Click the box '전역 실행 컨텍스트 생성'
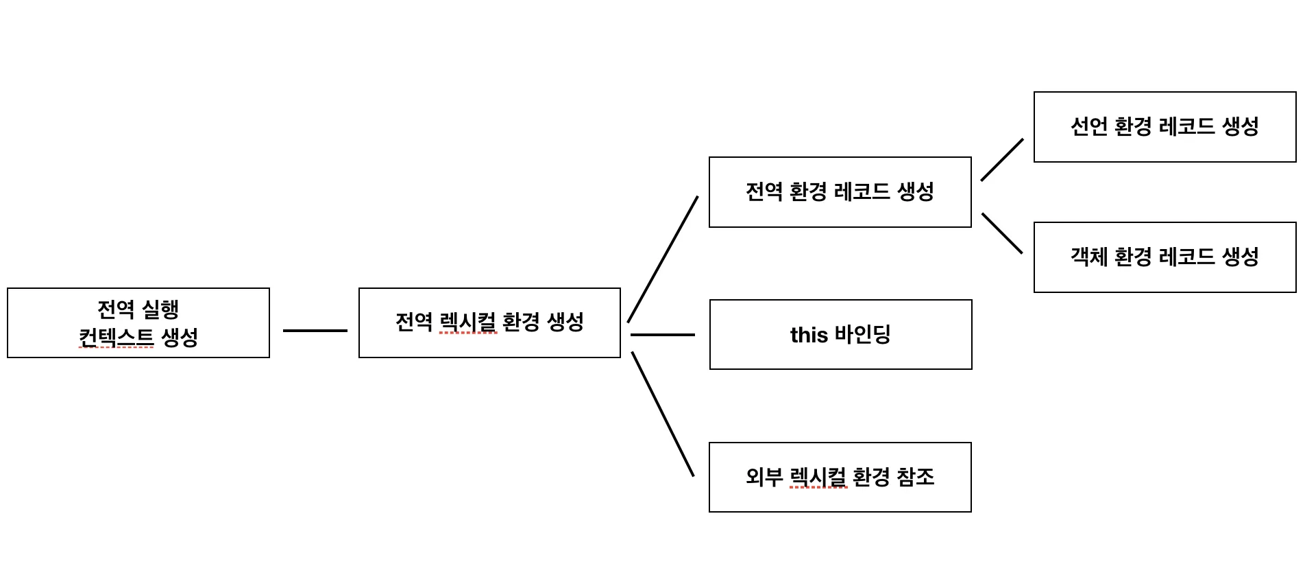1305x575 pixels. point(138,322)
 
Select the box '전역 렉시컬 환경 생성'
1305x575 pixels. point(489,322)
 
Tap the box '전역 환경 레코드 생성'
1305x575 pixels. point(840,192)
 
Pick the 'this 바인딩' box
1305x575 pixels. point(840,334)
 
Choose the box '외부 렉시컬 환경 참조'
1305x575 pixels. point(840,477)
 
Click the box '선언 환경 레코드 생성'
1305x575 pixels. point(1164,127)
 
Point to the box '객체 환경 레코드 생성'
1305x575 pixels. point(1164,257)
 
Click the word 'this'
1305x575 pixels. point(809,335)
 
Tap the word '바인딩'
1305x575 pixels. point(862,335)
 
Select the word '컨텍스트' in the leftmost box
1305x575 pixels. point(116,338)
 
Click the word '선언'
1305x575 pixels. point(1089,126)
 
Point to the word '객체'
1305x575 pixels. point(1089,257)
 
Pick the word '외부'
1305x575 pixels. point(764,477)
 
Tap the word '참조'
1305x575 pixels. point(916,477)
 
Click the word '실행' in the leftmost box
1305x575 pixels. point(160,309)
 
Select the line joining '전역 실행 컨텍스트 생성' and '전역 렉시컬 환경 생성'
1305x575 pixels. point(315,331)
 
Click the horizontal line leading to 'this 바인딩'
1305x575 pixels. point(662,335)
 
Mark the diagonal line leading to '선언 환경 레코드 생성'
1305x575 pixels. point(1002,160)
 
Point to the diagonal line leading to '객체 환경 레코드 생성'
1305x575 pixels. point(1002,233)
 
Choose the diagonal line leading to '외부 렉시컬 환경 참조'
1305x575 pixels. point(663,414)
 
